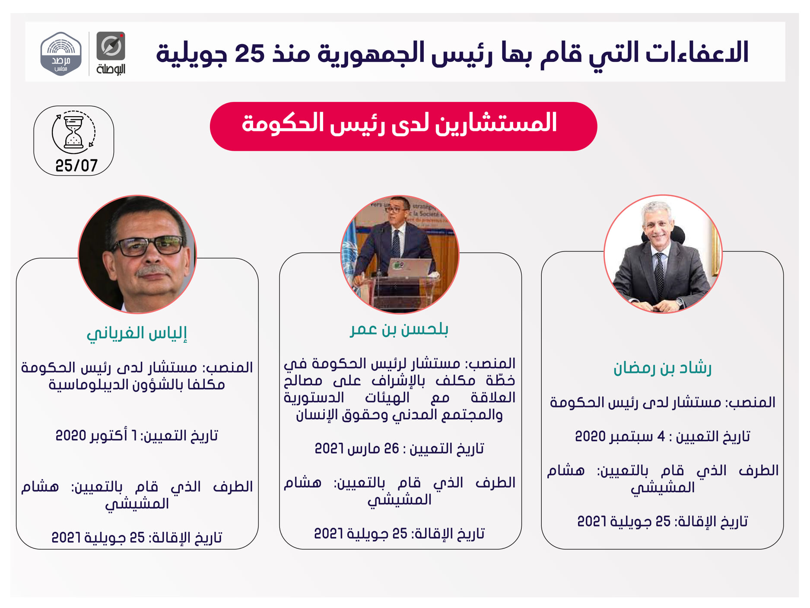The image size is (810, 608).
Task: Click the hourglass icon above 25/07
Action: click(73, 132)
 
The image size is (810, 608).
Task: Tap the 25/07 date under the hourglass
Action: click(76, 166)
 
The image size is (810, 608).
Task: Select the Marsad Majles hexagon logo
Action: click(61, 54)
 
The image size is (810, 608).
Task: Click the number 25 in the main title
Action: click(249, 53)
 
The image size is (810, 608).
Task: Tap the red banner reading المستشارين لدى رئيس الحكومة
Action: click(403, 126)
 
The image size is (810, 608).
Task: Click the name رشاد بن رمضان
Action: click(662, 368)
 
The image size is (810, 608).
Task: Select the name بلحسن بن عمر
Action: click(399, 329)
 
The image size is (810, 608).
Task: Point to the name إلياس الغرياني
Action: click(137, 333)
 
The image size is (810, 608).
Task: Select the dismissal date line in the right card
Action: click(662, 522)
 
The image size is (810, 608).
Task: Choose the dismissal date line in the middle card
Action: click(399, 534)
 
